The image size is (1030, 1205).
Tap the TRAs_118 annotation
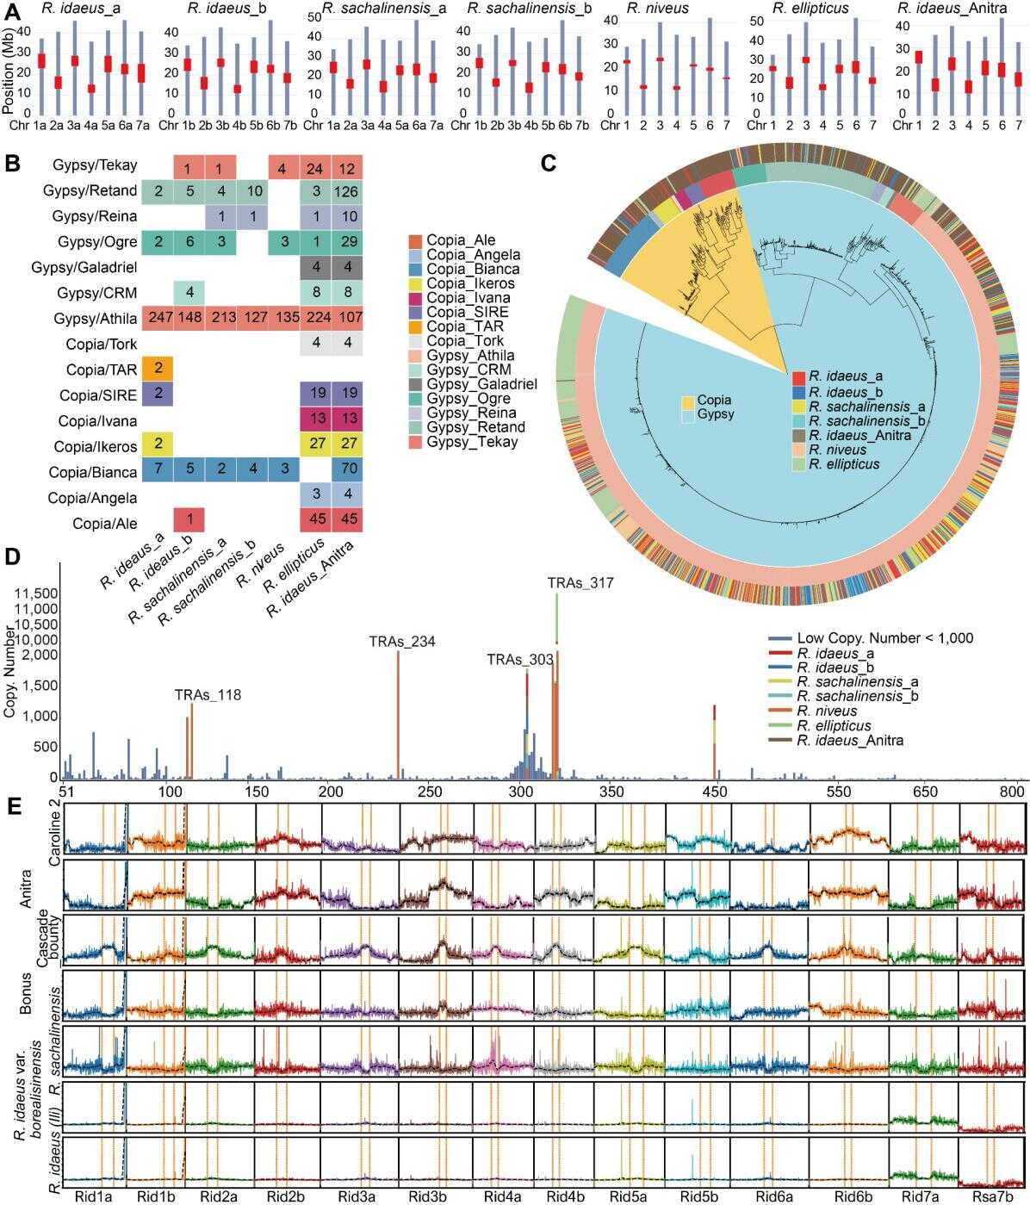208,695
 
